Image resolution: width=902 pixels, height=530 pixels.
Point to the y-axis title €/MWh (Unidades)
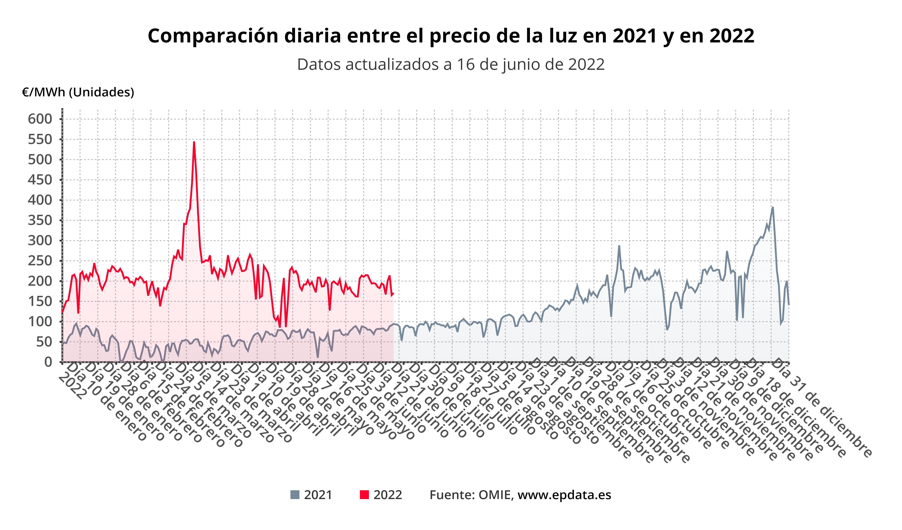coord(78,92)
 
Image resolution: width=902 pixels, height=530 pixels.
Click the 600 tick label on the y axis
coord(40,119)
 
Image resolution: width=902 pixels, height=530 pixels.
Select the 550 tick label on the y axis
coord(40,139)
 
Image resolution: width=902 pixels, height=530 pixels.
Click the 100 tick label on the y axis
coord(40,322)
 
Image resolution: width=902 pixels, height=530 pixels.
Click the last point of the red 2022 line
coord(393,294)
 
